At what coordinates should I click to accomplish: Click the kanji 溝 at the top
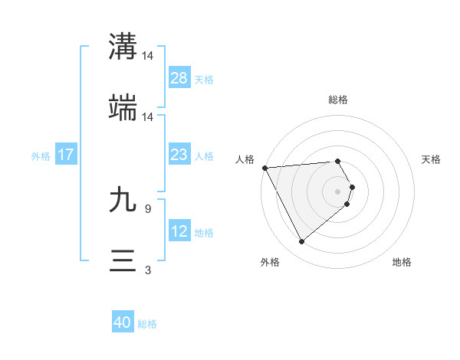click(x=123, y=45)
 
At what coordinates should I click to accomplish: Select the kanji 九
click(x=123, y=201)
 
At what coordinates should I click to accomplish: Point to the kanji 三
click(x=123, y=260)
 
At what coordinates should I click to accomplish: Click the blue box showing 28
click(x=179, y=78)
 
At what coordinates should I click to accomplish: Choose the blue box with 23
click(x=179, y=155)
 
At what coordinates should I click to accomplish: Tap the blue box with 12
click(x=179, y=231)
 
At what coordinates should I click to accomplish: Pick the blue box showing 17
click(x=66, y=155)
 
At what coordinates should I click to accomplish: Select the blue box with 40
click(x=123, y=323)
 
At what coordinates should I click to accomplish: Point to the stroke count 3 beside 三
click(x=147, y=270)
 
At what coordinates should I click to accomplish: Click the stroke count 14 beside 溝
click(x=148, y=55)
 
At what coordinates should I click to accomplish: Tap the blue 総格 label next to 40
click(x=147, y=324)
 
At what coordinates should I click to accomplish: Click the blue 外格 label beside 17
click(x=41, y=155)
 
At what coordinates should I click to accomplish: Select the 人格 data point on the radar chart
click(x=264, y=168)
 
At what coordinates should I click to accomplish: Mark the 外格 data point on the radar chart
click(x=301, y=242)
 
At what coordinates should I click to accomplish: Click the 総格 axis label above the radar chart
click(x=338, y=100)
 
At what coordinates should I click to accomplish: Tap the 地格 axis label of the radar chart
click(x=402, y=262)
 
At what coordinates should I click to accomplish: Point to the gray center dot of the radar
click(x=338, y=191)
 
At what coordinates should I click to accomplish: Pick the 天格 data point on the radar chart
click(x=352, y=186)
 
